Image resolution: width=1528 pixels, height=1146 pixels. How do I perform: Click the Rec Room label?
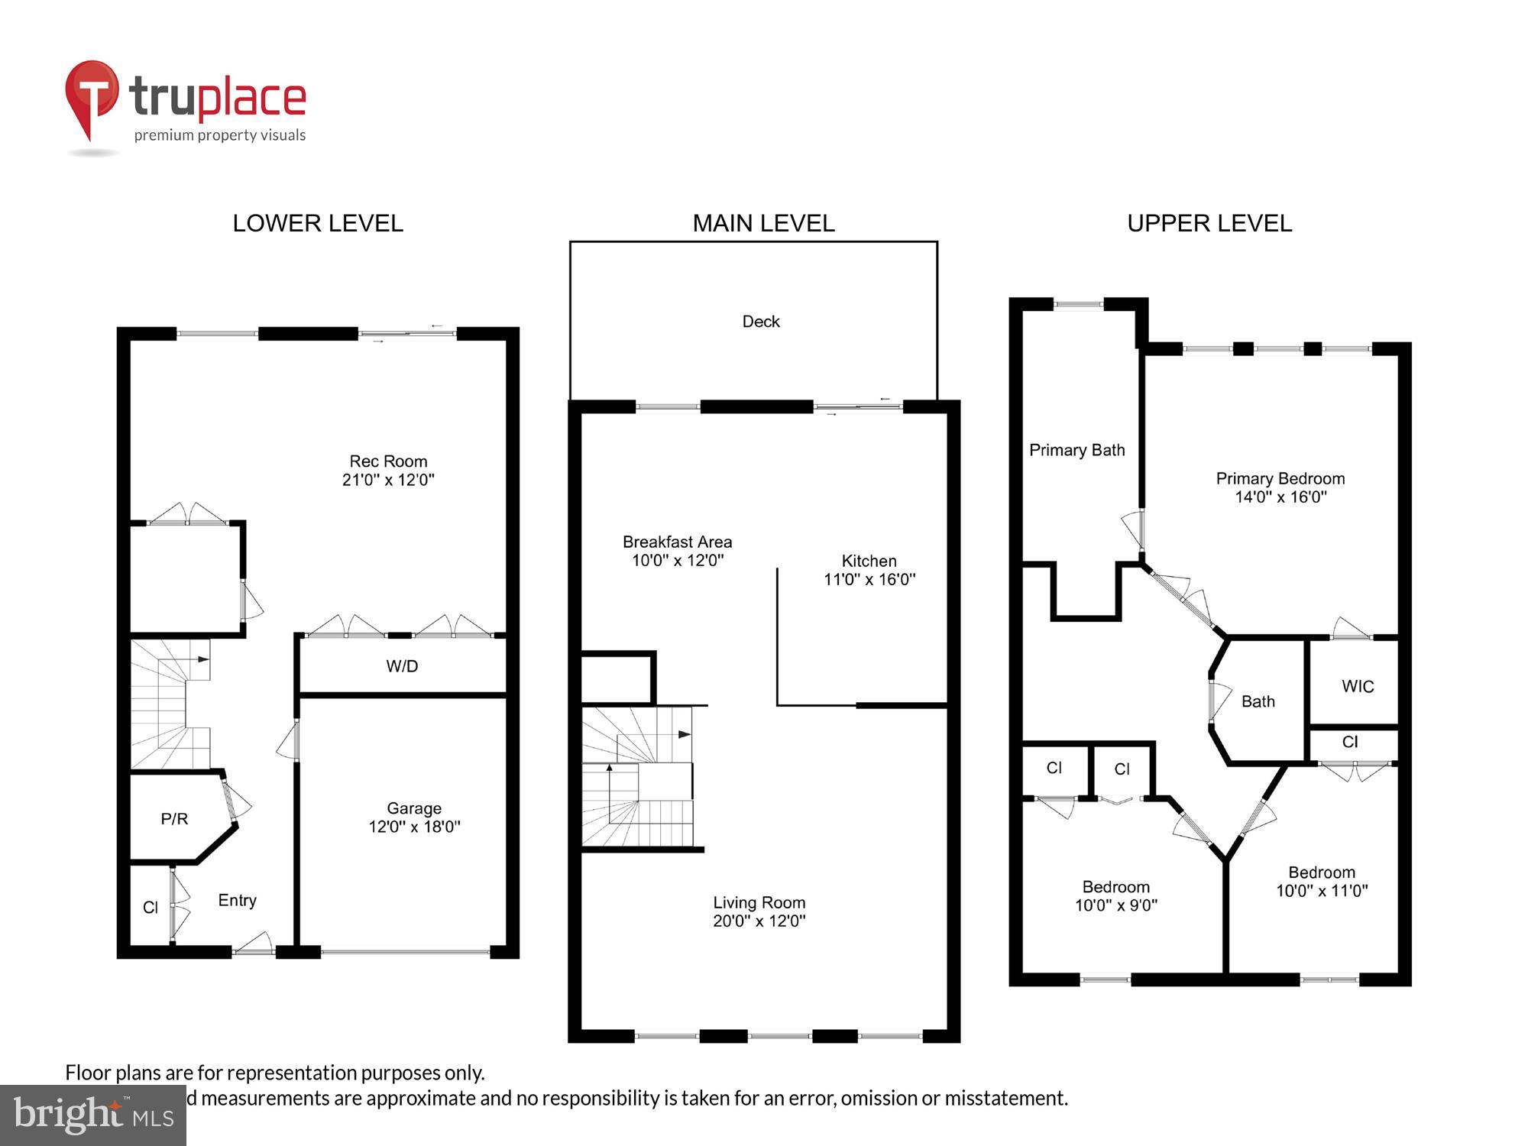388,461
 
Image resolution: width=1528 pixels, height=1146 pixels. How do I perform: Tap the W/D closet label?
402,666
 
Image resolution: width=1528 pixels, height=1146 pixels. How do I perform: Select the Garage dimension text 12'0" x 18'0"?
414,827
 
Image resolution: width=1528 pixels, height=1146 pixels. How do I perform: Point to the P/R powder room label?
174,819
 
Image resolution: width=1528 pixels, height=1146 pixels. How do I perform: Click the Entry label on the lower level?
237,900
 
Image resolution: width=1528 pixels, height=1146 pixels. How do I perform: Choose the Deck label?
761,322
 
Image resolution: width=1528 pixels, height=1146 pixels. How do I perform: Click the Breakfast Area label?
677,542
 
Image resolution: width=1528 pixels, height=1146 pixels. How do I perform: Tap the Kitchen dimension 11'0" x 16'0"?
869,580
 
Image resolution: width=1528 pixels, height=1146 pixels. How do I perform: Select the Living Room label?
759,902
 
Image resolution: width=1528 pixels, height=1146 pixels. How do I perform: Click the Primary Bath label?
1076,450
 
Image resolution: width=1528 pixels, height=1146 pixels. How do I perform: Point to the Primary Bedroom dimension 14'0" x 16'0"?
1280,497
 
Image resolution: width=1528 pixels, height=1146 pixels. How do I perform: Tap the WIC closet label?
1358,686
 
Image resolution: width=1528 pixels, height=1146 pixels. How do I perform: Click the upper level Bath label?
1258,701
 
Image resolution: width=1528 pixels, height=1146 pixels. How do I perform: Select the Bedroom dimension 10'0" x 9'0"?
1115,906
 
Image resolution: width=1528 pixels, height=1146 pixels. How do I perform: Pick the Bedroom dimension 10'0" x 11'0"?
1322,891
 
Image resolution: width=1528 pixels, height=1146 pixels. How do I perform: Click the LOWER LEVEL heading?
318,223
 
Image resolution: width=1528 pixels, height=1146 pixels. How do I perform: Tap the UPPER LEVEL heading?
1209,223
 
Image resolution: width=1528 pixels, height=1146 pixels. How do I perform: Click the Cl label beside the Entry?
151,907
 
